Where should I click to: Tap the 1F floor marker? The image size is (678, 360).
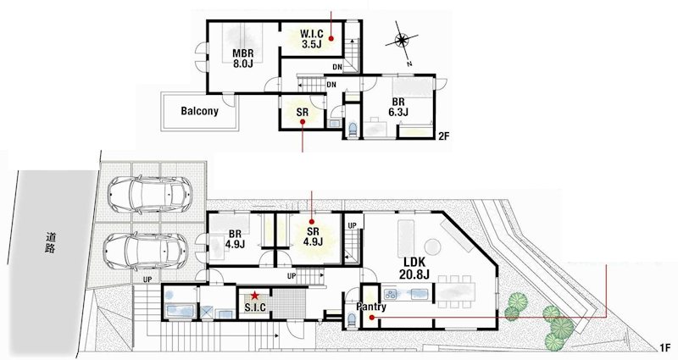point(664,347)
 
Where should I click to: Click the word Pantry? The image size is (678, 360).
point(371,307)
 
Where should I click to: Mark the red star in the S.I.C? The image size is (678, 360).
point(254,295)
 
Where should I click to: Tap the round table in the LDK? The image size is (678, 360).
point(433,246)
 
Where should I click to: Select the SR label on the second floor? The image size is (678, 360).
point(302,112)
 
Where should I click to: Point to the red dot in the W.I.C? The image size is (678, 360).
point(332,38)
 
